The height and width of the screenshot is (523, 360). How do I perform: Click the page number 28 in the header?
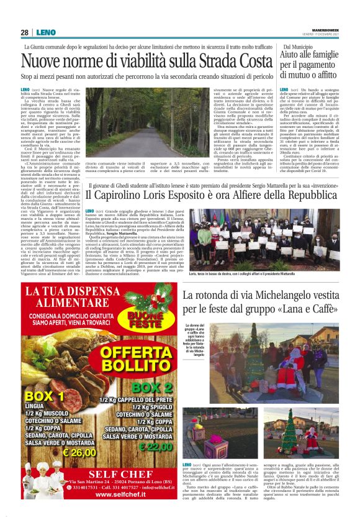click(24, 32)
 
